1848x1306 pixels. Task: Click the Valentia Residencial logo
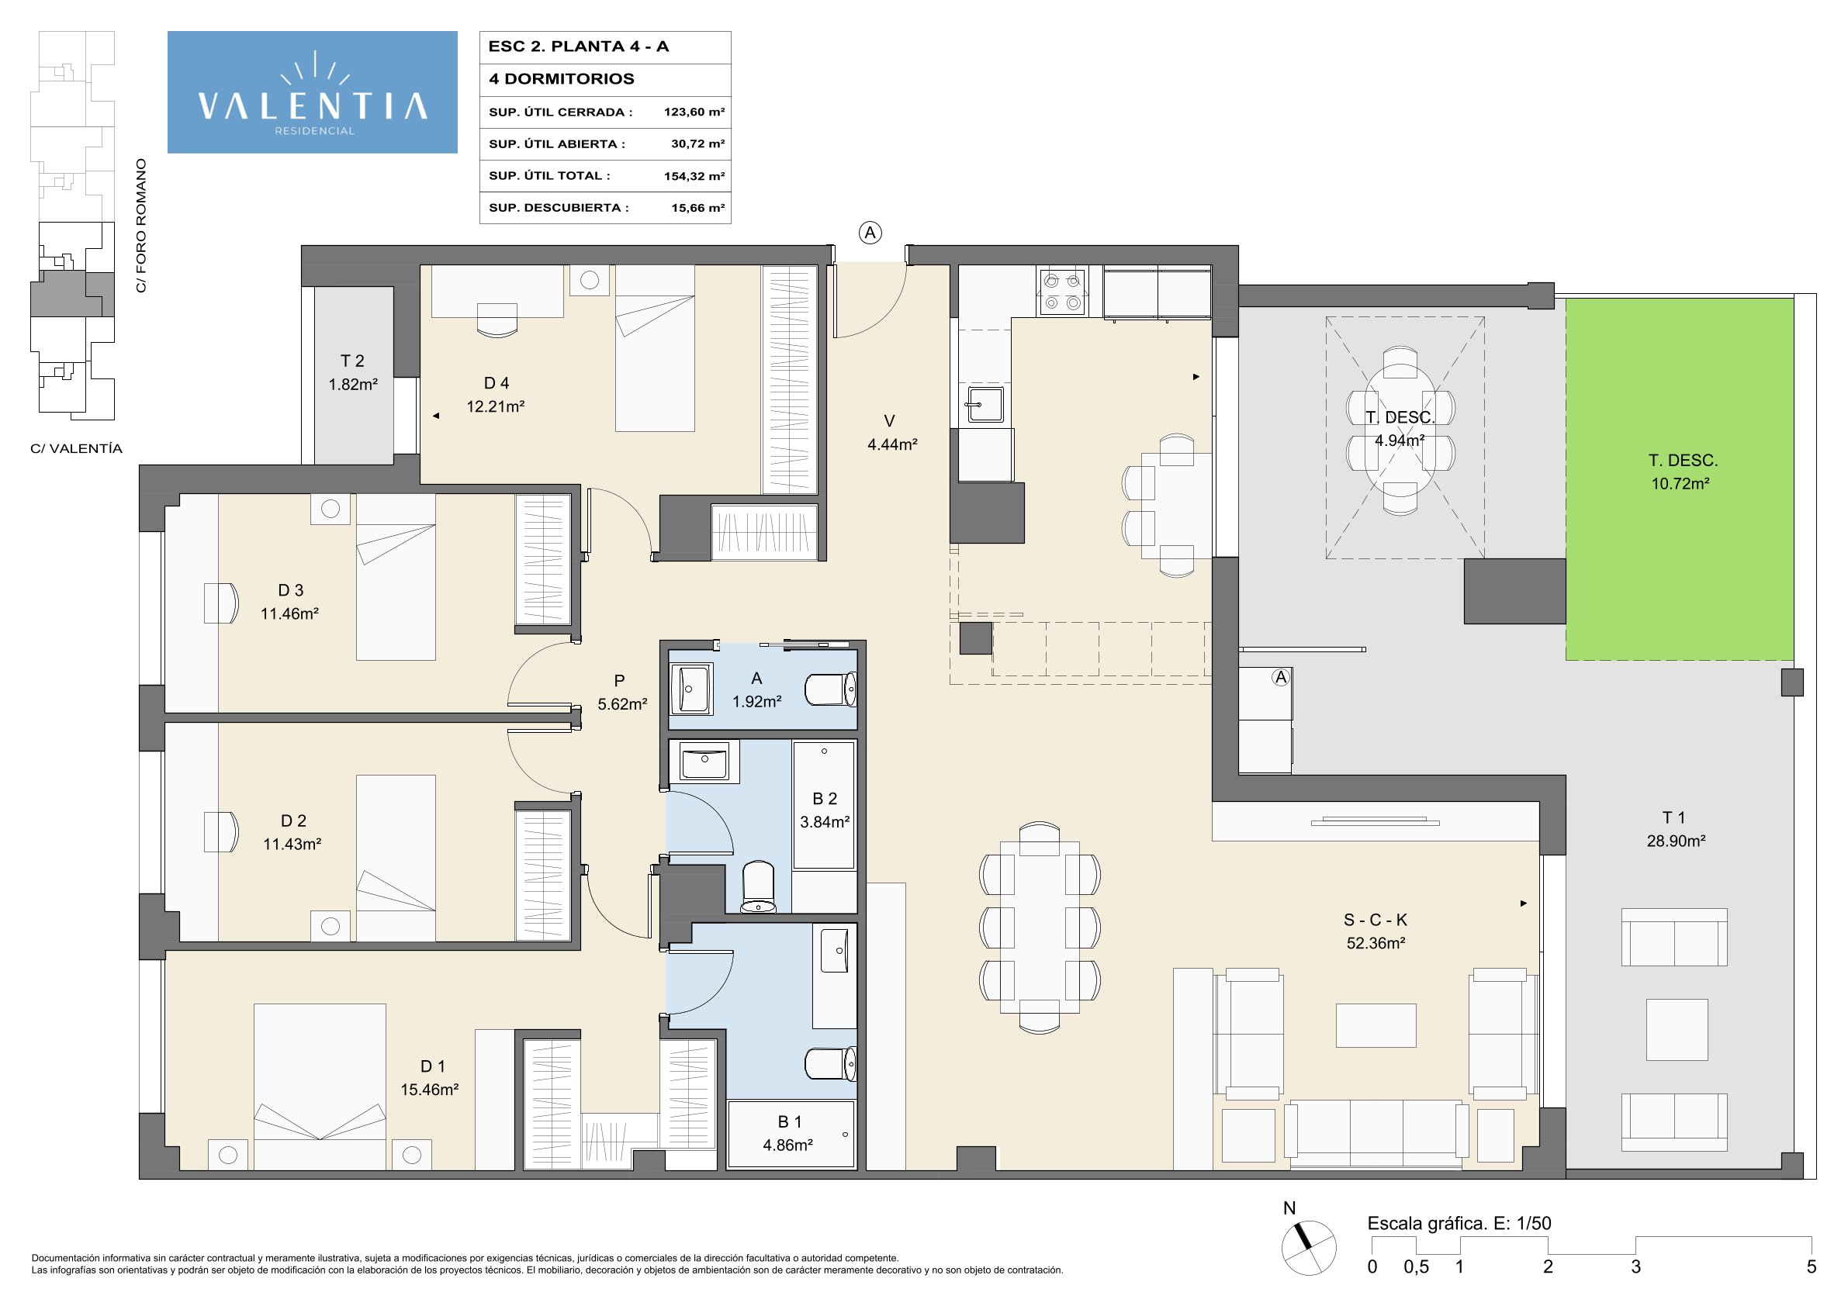click(x=313, y=92)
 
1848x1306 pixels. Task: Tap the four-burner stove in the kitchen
click(x=1062, y=292)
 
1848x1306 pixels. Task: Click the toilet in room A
click(x=831, y=689)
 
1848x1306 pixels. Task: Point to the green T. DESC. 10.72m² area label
click(x=1682, y=472)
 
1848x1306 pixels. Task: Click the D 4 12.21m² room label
click(x=496, y=394)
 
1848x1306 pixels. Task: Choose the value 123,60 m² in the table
click(x=694, y=112)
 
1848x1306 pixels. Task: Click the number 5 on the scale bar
click(x=1811, y=1266)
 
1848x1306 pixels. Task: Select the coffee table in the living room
click(x=1376, y=1025)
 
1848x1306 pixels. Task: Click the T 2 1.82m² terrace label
click(x=352, y=372)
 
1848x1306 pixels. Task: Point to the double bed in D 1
click(x=320, y=1087)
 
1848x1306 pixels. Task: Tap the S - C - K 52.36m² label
click(x=1376, y=931)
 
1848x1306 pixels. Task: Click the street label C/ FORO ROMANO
click(x=142, y=226)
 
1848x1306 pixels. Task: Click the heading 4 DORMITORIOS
click(x=562, y=79)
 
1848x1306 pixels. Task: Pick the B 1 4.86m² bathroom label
click(x=788, y=1133)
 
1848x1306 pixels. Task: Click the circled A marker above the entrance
click(x=870, y=233)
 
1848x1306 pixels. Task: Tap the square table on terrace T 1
click(x=1677, y=1029)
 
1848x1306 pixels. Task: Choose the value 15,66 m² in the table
click(x=697, y=208)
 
